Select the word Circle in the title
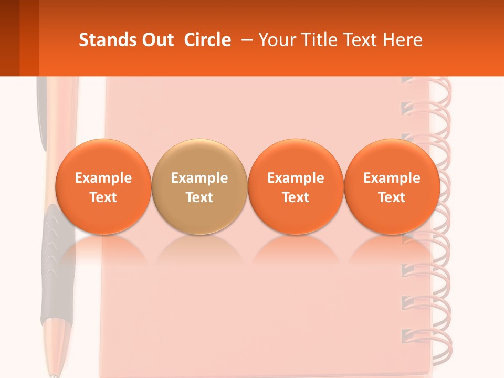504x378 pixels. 207,40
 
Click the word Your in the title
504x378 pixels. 275,40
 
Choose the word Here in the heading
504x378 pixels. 403,40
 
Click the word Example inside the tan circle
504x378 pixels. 199,178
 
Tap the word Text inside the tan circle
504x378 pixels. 199,197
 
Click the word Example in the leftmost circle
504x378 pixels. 103,178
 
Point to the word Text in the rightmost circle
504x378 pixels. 392,197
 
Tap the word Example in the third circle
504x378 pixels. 296,178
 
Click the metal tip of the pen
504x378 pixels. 54,370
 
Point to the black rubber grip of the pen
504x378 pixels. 52,262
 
